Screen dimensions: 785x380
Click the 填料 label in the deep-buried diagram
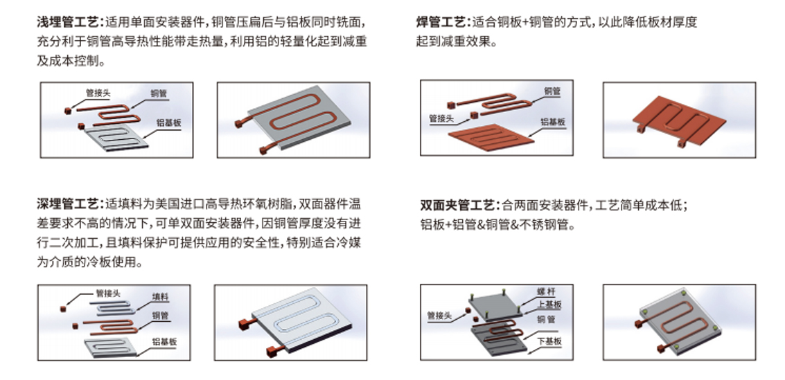tap(160, 297)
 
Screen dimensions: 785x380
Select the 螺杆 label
tap(546, 291)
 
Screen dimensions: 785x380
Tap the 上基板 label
tap(549, 304)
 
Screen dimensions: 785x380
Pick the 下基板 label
tap(549, 341)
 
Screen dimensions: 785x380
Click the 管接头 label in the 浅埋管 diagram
tap(98, 93)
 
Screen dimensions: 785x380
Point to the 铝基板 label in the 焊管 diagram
tap(553, 122)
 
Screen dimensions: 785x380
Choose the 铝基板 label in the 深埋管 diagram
tap(164, 342)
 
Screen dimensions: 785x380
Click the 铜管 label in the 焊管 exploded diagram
tap(552, 91)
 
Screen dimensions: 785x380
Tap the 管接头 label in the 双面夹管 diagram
tap(439, 316)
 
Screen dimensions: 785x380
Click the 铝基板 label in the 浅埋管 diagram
tap(168, 123)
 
